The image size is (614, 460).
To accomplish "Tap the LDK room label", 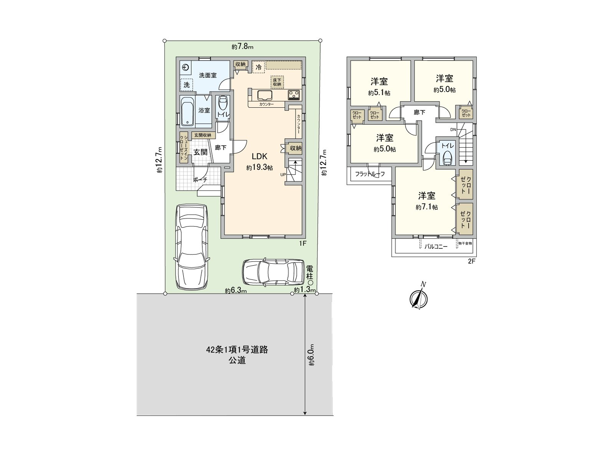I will [259, 156].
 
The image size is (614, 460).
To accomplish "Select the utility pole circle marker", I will [310, 282].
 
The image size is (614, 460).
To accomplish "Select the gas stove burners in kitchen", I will [294, 94].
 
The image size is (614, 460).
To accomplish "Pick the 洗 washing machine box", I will [187, 85].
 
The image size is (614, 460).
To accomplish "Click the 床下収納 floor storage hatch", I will [277, 81].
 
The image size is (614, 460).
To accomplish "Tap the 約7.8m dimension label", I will [243, 47].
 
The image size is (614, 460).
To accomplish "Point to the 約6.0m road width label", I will [312, 355].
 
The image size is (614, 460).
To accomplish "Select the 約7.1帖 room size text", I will [426, 207].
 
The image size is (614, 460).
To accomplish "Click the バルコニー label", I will [436, 247].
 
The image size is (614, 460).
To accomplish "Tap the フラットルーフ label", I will [370, 174].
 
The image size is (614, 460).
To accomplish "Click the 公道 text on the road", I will [237, 360].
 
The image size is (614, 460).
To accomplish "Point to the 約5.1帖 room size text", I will [379, 93].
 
